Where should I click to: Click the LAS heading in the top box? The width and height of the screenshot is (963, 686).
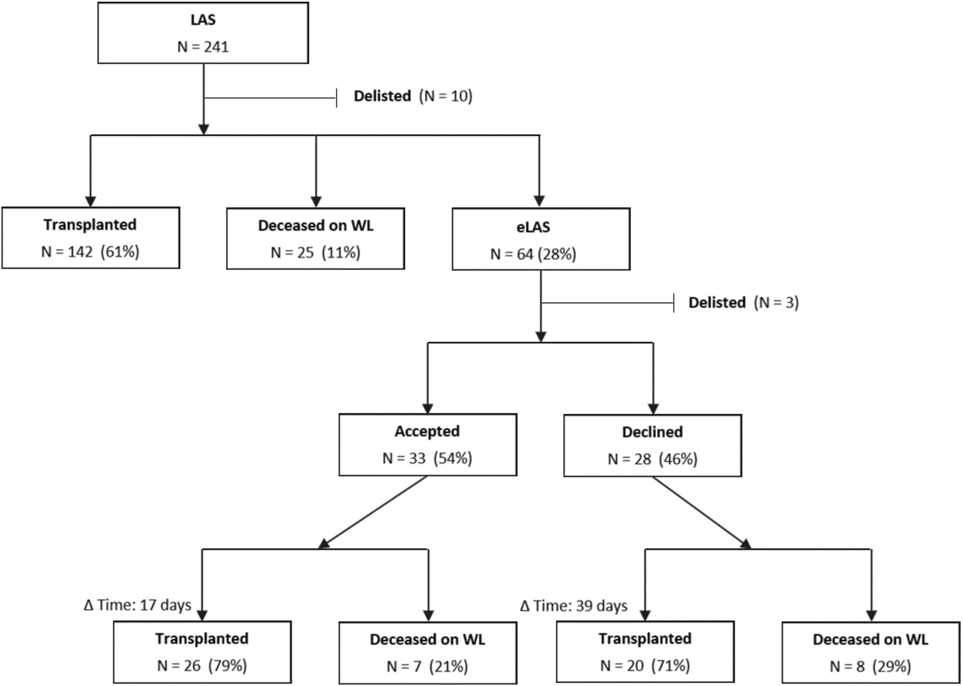pyautogui.click(x=203, y=20)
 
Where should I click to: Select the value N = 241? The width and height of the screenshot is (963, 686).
pyautogui.click(x=203, y=47)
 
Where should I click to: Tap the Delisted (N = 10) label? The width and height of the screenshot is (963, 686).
pyautogui.click(x=413, y=96)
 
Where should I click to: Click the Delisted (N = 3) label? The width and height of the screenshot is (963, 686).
pyautogui.click(x=743, y=302)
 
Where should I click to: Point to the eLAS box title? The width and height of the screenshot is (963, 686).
pyautogui.click(x=533, y=227)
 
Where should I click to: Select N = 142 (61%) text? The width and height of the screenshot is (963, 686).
pyautogui.click(x=90, y=252)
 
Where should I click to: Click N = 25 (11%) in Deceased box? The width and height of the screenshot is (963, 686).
pyautogui.click(x=315, y=253)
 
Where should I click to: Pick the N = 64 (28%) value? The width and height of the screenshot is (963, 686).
pyautogui.click(x=533, y=254)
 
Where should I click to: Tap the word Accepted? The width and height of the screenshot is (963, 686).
pyautogui.click(x=427, y=431)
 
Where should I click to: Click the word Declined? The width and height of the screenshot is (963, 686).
pyautogui.click(x=652, y=432)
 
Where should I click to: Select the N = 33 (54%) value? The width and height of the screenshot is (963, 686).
pyautogui.click(x=427, y=459)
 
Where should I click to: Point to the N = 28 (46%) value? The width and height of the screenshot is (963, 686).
pyautogui.click(x=652, y=459)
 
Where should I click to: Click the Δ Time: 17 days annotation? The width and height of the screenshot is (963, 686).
pyautogui.click(x=138, y=605)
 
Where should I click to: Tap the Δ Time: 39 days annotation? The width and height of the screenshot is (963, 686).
pyautogui.click(x=573, y=607)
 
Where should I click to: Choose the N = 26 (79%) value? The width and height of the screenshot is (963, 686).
pyautogui.click(x=202, y=666)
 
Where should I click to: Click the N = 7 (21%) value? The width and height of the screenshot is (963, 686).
pyautogui.click(x=427, y=666)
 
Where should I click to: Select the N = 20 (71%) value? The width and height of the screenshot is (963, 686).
pyautogui.click(x=645, y=666)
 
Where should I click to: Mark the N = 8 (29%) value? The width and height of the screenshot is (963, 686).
pyautogui.click(x=870, y=666)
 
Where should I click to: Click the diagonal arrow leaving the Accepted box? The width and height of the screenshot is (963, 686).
pyautogui.click(x=374, y=512)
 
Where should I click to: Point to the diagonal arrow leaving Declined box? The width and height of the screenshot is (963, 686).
pyautogui.click(x=701, y=512)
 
